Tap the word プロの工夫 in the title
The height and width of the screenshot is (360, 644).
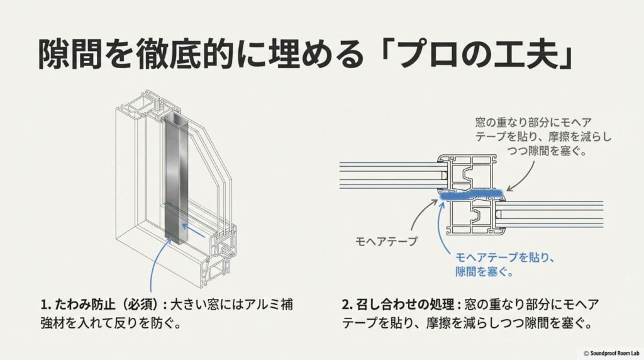475,55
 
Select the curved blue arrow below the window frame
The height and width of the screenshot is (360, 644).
155,264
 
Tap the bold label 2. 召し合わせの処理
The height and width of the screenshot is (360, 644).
398,305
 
